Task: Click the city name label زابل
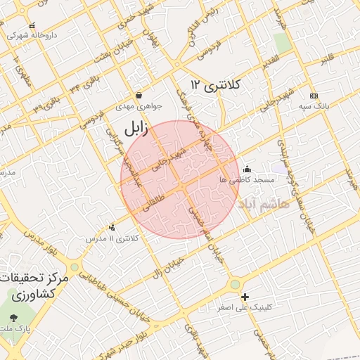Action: (x=134, y=129)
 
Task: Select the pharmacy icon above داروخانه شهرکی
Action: (x=32, y=25)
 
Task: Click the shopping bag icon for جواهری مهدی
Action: (x=139, y=95)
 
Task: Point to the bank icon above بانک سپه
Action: (x=314, y=96)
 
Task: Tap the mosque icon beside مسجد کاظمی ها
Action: (x=246, y=169)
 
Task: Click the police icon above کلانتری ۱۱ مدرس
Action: (x=112, y=227)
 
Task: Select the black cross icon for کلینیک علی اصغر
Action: (x=245, y=297)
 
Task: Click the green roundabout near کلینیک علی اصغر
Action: (x=235, y=285)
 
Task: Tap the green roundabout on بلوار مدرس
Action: (x=75, y=267)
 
